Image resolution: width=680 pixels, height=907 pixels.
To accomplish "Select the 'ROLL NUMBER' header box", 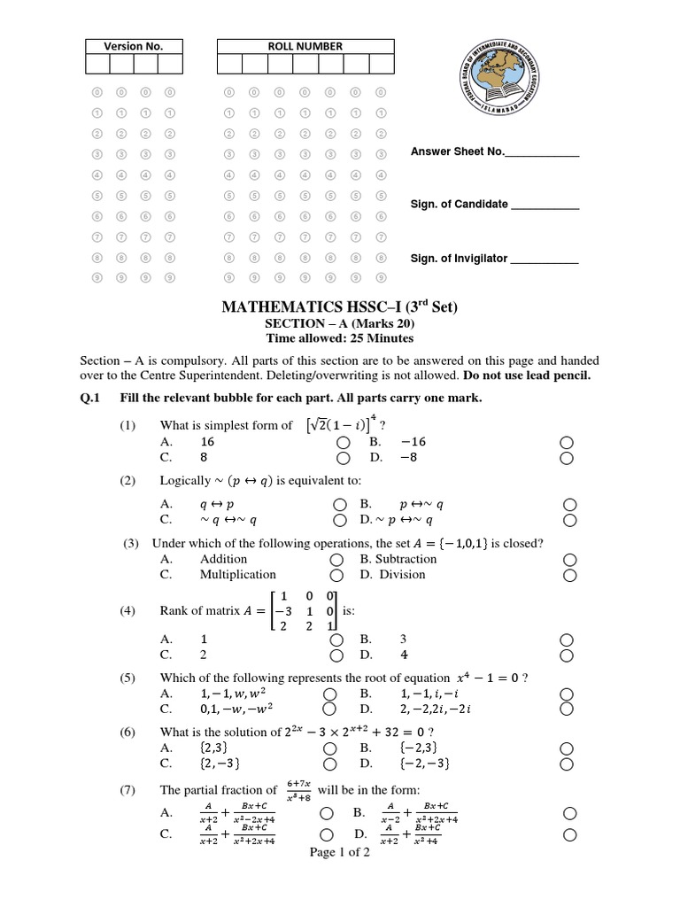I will [305, 47].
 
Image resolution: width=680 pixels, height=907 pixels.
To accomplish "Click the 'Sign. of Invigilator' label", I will [459, 259].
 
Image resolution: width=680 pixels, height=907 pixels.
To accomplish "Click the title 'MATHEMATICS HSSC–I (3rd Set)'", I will [340, 307].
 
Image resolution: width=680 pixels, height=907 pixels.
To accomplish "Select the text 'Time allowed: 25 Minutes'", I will [340, 338].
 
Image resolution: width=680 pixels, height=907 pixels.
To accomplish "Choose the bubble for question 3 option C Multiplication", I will [336, 575].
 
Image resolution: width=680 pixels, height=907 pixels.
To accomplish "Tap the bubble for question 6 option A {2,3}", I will [330, 748].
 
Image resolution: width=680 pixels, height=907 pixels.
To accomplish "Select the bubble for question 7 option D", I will [568, 834].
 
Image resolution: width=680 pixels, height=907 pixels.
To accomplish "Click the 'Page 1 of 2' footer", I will [340, 853].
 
